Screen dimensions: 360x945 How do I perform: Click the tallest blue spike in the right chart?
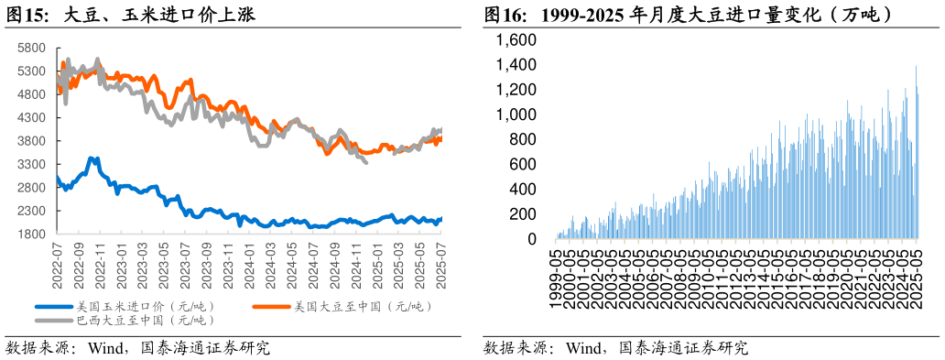click(916, 67)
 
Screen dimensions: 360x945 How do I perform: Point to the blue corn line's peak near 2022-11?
click(92, 158)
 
